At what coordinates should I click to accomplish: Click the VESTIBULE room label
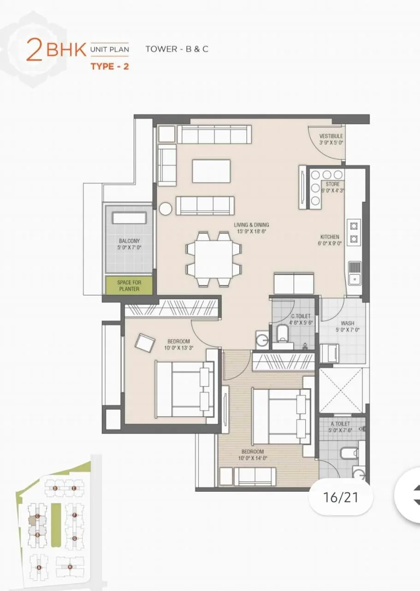[x=331, y=136]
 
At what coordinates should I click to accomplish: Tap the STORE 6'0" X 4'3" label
[x=332, y=184]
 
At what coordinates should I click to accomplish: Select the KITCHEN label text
[x=330, y=237]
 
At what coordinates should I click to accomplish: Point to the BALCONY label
[x=129, y=241]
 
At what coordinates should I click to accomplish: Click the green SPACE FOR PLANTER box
[x=129, y=285]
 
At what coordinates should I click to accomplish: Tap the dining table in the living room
[x=213, y=259]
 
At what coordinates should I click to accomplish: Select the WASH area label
[x=347, y=323]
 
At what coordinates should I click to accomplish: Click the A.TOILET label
[x=340, y=423]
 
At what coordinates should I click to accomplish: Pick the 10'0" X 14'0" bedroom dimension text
[x=252, y=458]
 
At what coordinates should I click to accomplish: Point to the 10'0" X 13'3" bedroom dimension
[x=178, y=348]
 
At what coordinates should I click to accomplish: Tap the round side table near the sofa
[x=166, y=209]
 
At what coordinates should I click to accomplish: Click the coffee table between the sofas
[x=211, y=171]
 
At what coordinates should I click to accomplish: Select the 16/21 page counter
[x=341, y=497]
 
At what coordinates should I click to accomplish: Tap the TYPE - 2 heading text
[x=109, y=66]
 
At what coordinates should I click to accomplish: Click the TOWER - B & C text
[x=177, y=48]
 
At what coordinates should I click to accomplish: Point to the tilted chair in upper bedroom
[x=145, y=343]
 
